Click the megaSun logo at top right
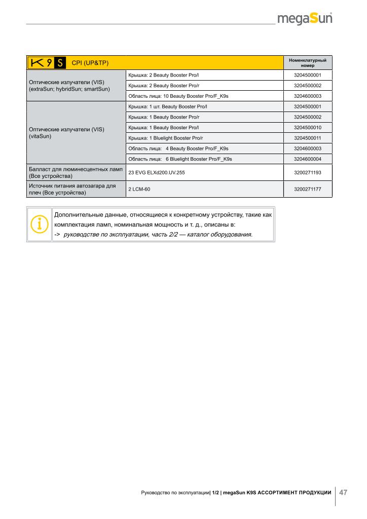click(305, 19)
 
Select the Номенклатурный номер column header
click(307, 63)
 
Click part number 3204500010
click(307, 127)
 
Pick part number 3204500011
click(307, 138)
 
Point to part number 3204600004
click(307, 159)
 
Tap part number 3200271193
click(307, 173)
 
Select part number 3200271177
click(307, 189)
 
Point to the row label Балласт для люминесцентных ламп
click(76, 172)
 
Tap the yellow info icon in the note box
click(39, 224)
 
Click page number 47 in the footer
click(343, 493)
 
